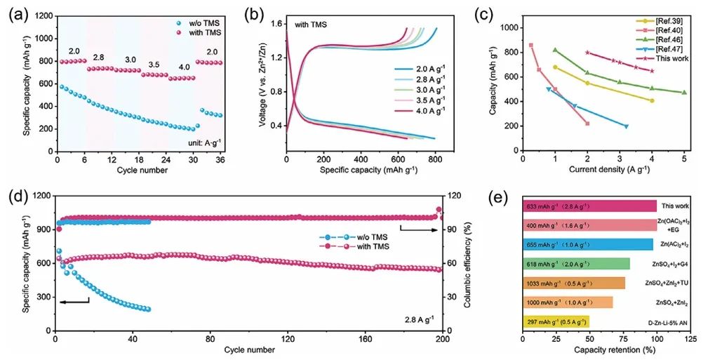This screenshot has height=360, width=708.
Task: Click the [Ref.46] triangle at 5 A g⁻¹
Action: point(684,93)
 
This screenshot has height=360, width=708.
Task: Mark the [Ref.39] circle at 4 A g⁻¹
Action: point(652,100)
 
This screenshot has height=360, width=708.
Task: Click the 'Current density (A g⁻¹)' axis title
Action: point(601,171)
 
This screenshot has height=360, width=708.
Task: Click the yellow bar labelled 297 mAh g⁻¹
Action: point(556,321)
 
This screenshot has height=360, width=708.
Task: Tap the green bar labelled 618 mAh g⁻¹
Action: point(576,264)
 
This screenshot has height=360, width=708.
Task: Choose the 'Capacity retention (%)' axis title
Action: point(606,349)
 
